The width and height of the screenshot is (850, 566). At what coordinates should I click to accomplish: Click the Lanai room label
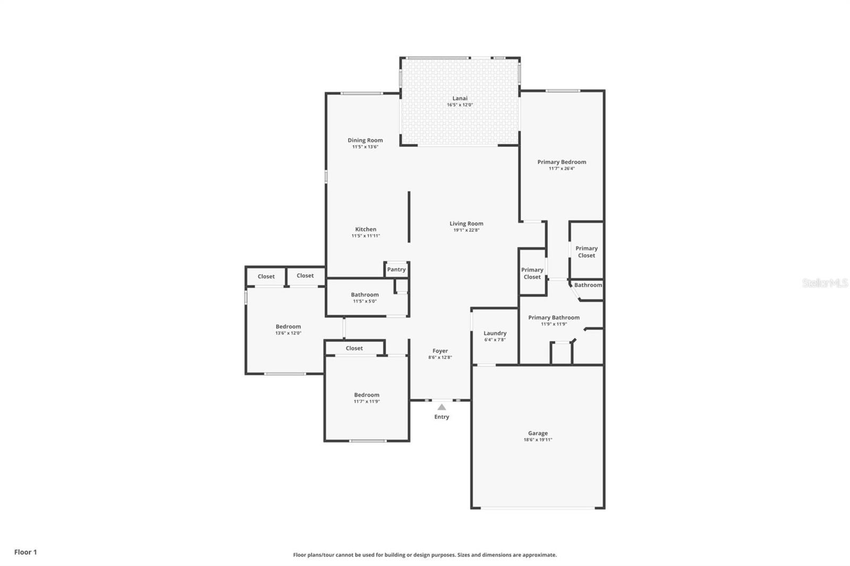pyautogui.click(x=460, y=98)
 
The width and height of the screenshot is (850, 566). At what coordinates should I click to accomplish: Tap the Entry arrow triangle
pyautogui.click(x=441, y=407)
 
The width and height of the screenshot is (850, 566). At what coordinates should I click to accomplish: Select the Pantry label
pyautogui.click(x=396, y=270)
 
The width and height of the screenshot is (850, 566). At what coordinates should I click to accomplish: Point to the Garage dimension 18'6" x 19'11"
pyautogui.click(x=538, y=440)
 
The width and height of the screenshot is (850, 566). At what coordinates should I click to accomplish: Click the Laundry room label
pyautogui.click(x=495, y=333)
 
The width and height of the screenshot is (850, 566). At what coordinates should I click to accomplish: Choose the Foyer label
pyautogui.click(x=440, y=351)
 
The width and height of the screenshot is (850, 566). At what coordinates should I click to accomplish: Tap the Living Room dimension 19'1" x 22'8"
pyautogui.click(x=466, y=230)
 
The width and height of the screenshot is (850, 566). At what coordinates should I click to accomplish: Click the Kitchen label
pyautogui.click(x=365, y=229)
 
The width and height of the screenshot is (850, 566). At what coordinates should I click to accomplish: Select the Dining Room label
pyautogui.click(x=365, y=140)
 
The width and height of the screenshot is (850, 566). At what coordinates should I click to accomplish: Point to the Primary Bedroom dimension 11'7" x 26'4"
pyautogui.click(x=562, y=169)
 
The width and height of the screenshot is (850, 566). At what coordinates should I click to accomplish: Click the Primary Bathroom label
pyautogui.click(x=554, y=318)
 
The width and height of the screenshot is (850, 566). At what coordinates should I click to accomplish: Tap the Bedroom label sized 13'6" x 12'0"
pyautogui.click(x=288, y=327)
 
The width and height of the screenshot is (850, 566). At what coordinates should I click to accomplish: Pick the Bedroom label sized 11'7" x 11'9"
pyautogui.click(x=367, y=395)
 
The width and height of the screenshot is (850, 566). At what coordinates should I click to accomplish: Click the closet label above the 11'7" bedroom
pyautogui.click(x=354, y=348)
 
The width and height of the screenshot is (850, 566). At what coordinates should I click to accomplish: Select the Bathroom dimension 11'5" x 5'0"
pyautogui.click(x=364, y=302)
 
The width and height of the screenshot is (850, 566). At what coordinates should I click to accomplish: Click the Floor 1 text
pyautogui.click(x=25, y=552)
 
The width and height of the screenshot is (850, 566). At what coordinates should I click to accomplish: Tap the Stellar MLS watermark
pyautogui.click(x=824, y=283)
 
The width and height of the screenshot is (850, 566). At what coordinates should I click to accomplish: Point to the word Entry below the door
pyautogui.click(x=441, y=417)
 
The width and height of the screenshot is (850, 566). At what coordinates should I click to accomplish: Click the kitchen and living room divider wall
pyautogui.click(x=409, y=217)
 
